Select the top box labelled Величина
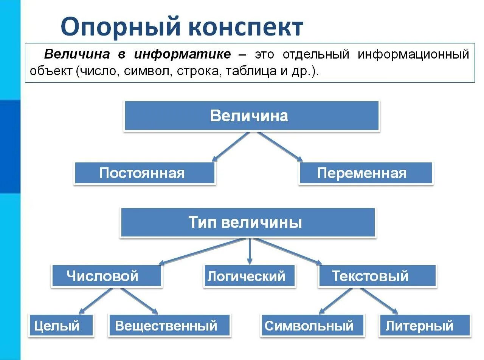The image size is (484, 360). [251, 116]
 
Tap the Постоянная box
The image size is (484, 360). [145, 173]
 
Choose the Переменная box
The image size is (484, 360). [366, 173]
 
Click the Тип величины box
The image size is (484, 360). [248, 222]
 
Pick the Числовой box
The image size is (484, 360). [107, 276]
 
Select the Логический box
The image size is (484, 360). [249, 276]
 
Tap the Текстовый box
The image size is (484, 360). [377, 276]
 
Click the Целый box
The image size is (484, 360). [60, 325]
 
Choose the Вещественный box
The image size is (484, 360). [169, 325]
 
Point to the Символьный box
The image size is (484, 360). [312, 325]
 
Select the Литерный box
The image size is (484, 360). [424, 325]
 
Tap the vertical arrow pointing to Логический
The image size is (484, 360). [249, 251]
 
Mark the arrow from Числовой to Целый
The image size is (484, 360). [96, 301]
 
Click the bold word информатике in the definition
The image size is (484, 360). [182, 54]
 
